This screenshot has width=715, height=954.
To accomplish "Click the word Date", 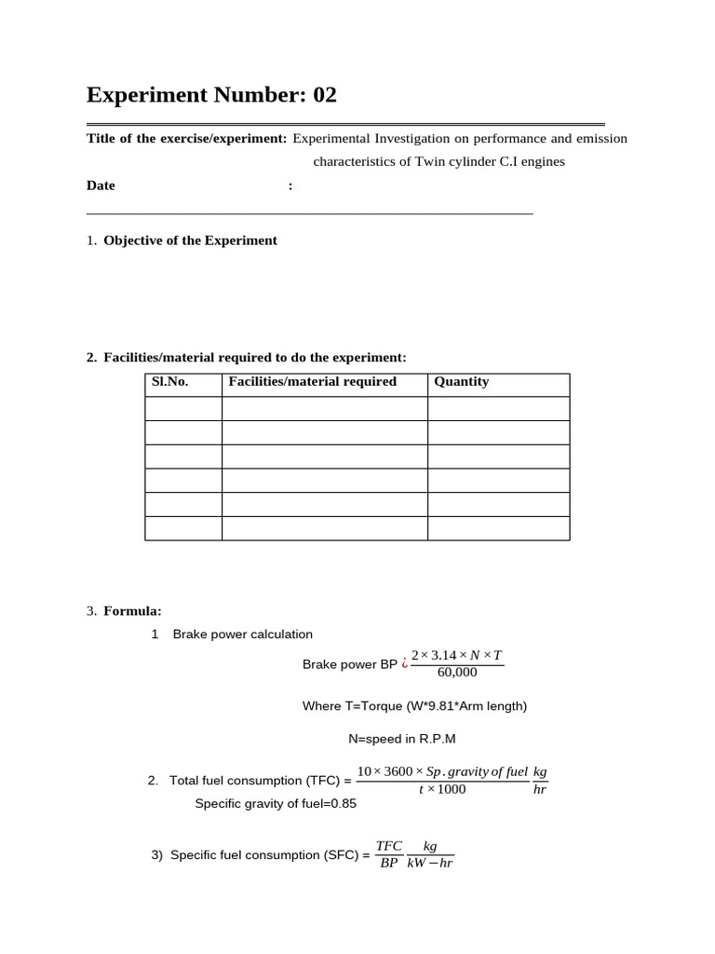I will click(x=101, y=185).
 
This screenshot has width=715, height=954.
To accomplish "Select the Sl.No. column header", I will click(x=169, y=382).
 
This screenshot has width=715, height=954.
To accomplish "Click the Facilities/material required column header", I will click(x=312, y=382).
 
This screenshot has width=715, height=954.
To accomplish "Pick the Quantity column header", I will click(x=462, y=382).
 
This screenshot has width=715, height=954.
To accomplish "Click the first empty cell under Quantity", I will click(x=498, y=409).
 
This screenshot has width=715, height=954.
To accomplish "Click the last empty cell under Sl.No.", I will click(x=183, y=528).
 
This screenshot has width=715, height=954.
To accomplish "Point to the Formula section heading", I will click(x=132, y=611).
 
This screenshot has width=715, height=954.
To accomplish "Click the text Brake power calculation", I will click(x=243, y=634).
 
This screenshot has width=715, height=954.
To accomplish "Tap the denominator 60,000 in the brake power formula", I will click(x=456, y=673).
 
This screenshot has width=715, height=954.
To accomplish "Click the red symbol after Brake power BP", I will click(x=404, y=664).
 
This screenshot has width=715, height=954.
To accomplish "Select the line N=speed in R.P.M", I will click(x=402, y=739).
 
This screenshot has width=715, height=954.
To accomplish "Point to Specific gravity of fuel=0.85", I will click(x=276, y=803).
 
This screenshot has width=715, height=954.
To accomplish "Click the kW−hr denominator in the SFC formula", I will click(x=430, y=864).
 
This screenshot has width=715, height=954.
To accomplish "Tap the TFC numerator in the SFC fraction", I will click(x=388, y=846).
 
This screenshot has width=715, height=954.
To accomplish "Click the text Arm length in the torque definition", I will click(x=492, y=706).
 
